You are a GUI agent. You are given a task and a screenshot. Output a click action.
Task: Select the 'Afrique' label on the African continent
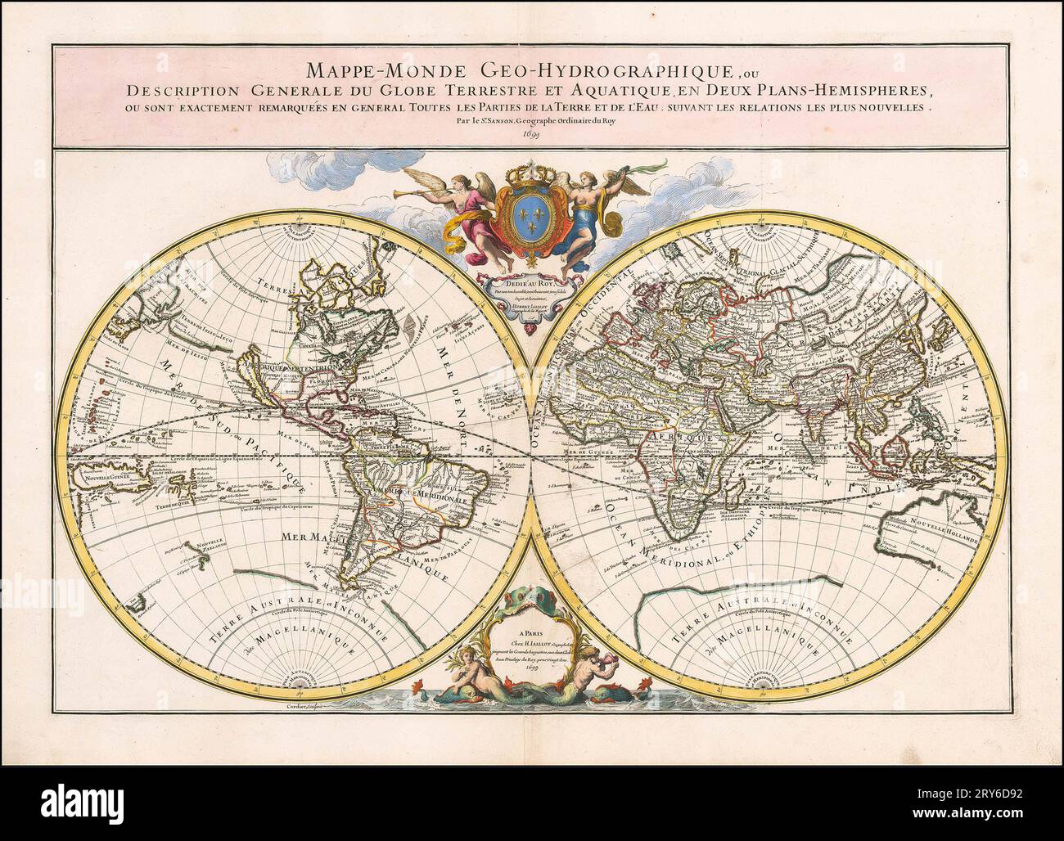coord(667,438)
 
